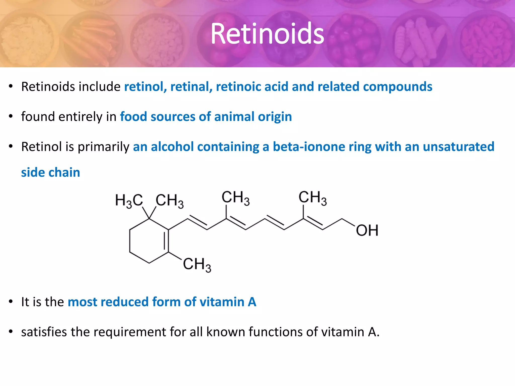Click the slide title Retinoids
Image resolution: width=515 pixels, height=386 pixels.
tap(267, 34)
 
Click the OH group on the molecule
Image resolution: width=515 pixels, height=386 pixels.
tap(367, 230)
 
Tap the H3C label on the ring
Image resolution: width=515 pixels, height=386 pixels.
tap(129, 201)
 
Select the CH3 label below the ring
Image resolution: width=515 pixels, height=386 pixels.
tap(197, 265)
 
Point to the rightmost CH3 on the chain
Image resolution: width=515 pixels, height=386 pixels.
tap(313, 198)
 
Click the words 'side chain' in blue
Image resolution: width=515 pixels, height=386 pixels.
tap(51, 173)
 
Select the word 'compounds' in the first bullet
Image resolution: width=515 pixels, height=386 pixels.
tap(398, 87)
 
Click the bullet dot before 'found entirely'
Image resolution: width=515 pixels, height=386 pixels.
tap(11, 117)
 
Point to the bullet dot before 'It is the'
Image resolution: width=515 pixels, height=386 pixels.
tap(11, 302)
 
